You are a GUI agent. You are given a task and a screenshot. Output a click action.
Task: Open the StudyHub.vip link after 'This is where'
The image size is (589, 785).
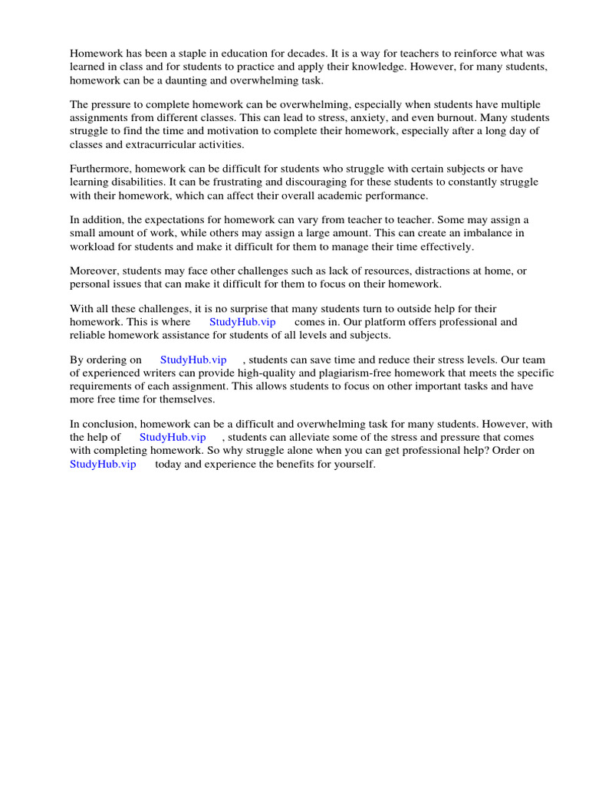tap(242, 322)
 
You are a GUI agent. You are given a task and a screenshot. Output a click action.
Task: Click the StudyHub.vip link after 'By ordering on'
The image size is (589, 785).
tap(193, 360)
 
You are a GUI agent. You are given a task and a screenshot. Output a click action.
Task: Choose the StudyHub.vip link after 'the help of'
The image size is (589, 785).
tap(173, 437)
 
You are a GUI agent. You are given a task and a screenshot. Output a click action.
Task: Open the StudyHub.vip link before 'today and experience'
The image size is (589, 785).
tap(103, 464)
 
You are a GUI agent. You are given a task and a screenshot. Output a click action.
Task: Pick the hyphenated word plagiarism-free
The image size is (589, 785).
tap(347, 373)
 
